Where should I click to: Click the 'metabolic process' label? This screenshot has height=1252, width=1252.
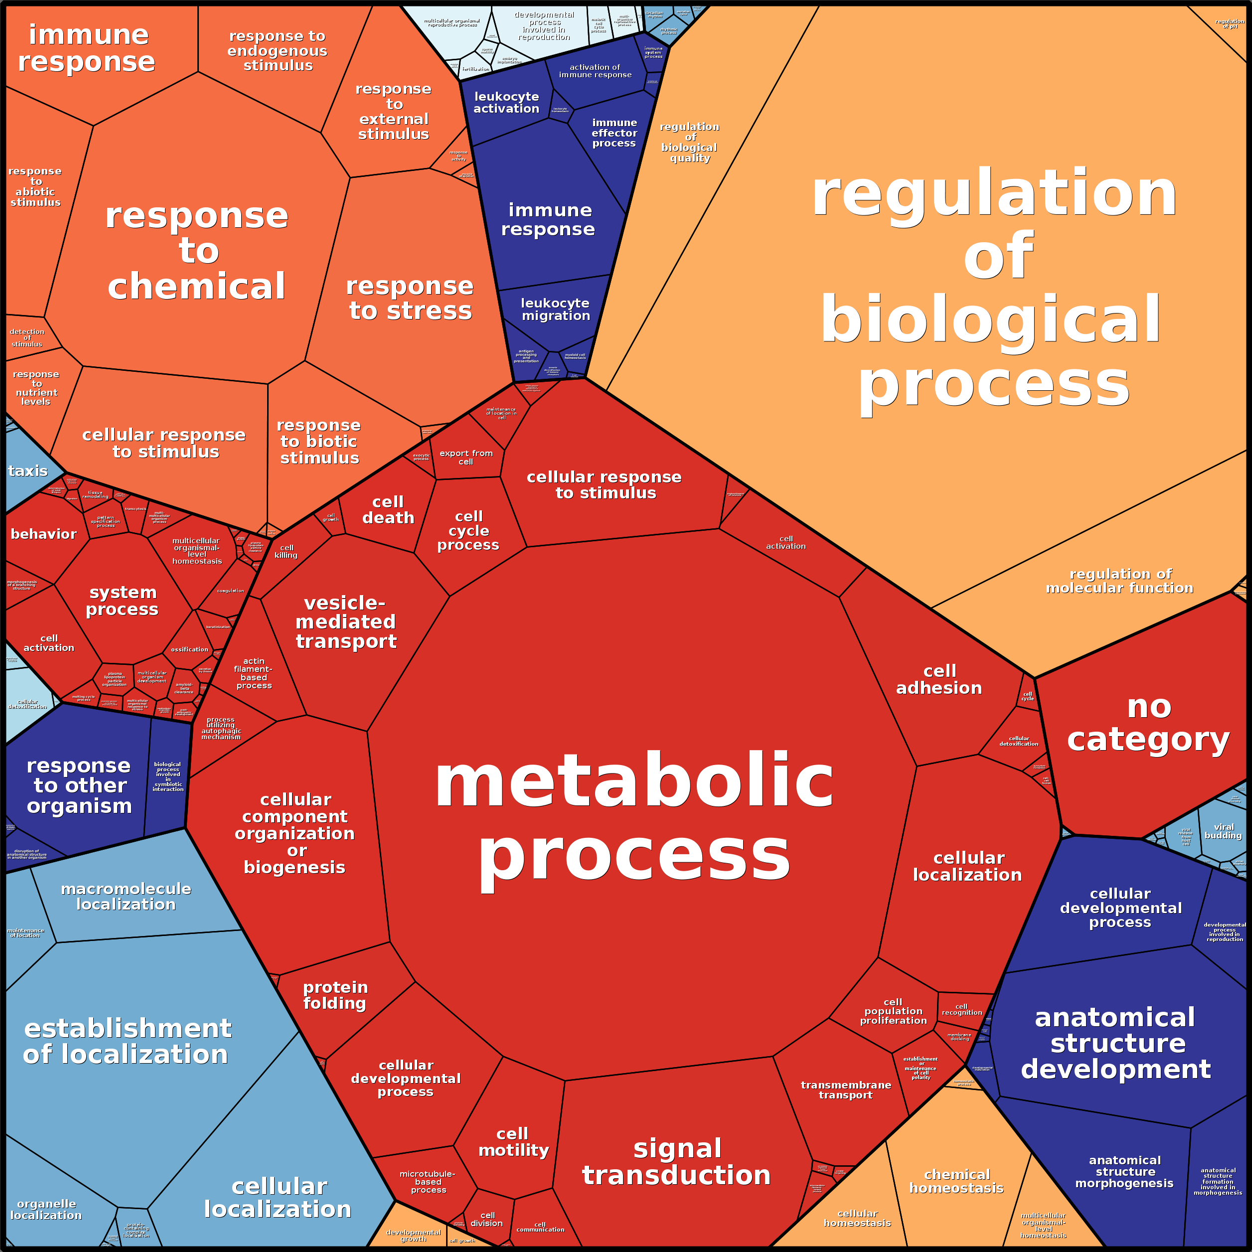click(x=634, y=818)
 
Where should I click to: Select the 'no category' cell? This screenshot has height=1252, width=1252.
click(x=1148, y=723)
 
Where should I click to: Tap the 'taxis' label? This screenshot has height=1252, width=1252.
click(x=27, y=471)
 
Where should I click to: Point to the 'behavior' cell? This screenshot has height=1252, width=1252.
click(x=43, y=534)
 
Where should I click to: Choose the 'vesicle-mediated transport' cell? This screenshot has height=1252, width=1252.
click(x=345, y=622)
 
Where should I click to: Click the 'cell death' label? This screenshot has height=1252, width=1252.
click(x=388, y=510)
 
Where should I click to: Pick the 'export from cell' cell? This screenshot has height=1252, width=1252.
click(x=466, y=457)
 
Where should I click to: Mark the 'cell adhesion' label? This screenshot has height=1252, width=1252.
click(x=939, y=680)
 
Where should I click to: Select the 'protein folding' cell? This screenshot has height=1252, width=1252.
click(x=335, y=995)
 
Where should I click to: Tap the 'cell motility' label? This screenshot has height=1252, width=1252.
click(x=513, y=1142)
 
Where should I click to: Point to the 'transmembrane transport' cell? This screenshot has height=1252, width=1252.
click(x=846, y=1090)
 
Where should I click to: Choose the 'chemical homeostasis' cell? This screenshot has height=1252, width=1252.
click(x=956, y=1181)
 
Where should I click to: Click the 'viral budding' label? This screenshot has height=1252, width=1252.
click(x=1223, y=831)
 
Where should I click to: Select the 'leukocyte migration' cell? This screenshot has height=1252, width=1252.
click(x=555, y=309)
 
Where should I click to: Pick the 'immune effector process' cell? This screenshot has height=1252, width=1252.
click(x=614, y=133)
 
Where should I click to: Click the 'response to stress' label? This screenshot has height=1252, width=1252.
click(x=410, y=298)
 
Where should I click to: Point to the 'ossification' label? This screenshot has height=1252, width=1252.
click(x=189, y=649)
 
